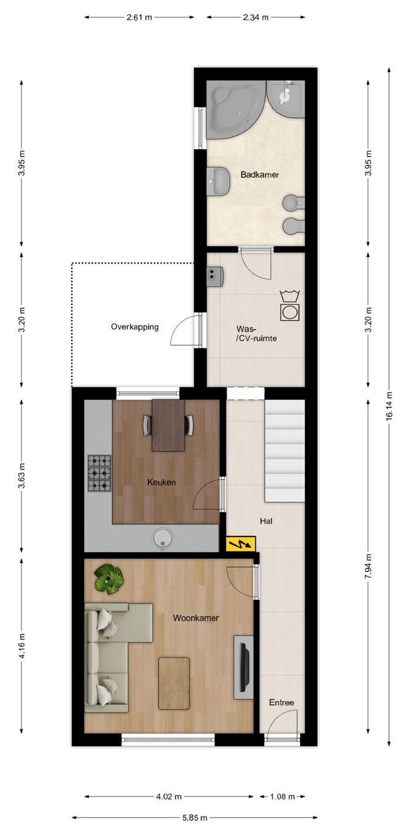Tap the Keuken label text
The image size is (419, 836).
(x=161, y=482)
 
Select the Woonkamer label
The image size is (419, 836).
(x=195, y=618)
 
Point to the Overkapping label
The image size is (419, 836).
(x=135, y=327)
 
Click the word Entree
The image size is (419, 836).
(x=282, y=702)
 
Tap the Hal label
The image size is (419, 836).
(x=266, y=521)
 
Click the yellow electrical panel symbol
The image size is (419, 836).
(x=241, y=544)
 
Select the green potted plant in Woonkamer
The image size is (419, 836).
(x=108, y=580)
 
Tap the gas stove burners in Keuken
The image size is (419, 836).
(x=100, y=473)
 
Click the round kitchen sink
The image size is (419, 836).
(x=163, y=538)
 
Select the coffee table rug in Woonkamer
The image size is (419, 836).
(x=174, y=683)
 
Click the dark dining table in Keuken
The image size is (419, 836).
(x=168, y=425)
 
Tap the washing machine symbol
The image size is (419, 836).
(x=290, y=306)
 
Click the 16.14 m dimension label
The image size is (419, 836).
(x=389, y=406)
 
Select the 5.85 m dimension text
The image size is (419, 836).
(x=195, y=818)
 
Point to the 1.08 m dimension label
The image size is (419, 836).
(x=282, y=797)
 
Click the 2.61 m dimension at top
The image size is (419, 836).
(x=139, y=17)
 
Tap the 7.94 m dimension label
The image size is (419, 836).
(x=368, y=566)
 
